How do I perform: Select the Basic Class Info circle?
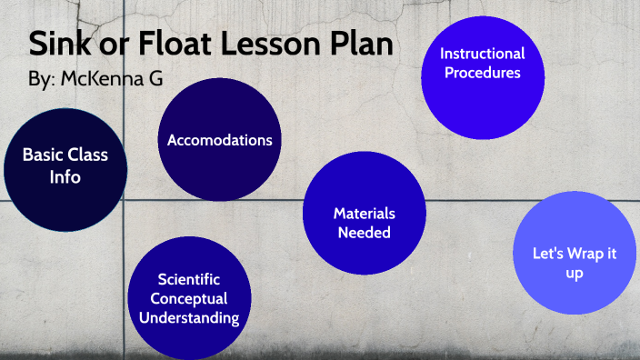[x=65, y=166]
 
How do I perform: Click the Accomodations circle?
[x=219, y=140]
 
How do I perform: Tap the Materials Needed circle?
[x=364, y=224]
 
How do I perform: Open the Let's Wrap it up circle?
[x=574, y=253]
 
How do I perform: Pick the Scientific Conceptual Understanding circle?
[x=189, y=298]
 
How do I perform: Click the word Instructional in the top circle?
[x=484, y=54]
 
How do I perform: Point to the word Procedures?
[x=483, y=73]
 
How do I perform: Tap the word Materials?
[x=364, y=214]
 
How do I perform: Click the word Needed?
[x=364, y=233]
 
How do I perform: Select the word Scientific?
[x=189, y=280]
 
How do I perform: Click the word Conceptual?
[x=189, y=298]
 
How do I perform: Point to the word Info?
[x=65, y=177]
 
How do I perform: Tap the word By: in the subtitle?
[x=42, y=80]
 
